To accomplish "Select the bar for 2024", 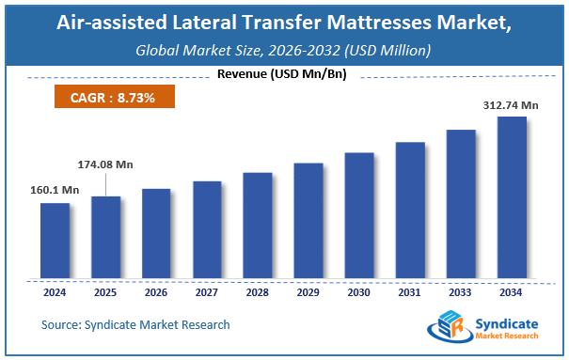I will point(55,241).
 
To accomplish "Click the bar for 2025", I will point(105,237).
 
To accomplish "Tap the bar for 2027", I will point(207,229).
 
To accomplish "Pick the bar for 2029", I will point(308,221).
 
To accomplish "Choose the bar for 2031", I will point(410,211).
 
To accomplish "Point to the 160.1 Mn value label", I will point(54,190).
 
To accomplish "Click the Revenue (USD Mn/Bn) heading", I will point(284,74).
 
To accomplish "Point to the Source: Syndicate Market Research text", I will point(135,324).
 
